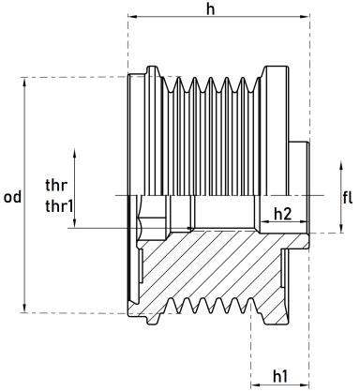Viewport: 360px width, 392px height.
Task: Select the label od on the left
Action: (12, 197)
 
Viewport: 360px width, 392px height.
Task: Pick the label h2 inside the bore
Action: (282, 214)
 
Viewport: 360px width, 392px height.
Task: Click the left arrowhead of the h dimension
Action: (130, 18)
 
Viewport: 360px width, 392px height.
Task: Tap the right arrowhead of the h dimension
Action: (308, 18)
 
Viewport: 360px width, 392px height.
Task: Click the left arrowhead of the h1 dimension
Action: (256, 383)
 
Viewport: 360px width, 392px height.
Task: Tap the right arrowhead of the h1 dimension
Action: (308, 383)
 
